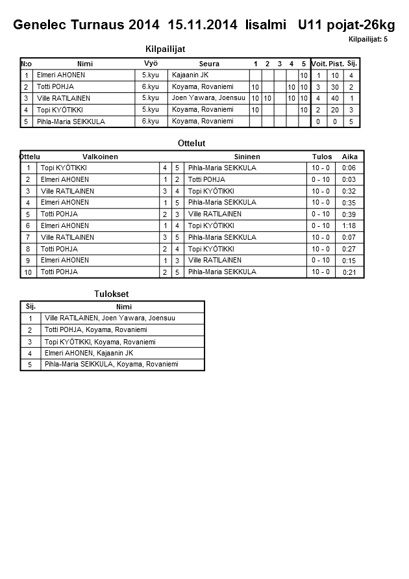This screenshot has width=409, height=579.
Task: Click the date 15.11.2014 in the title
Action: click(203, 25)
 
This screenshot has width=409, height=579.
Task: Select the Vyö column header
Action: click(151, 63)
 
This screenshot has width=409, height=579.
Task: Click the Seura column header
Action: click(209, 64)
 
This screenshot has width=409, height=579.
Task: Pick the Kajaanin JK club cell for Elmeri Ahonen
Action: click(190, 75)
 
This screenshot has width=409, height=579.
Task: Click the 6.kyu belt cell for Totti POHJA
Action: click(151, 86)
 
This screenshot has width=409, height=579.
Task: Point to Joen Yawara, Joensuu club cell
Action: click(208, 98)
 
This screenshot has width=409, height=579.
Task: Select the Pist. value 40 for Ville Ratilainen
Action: click(336, 98)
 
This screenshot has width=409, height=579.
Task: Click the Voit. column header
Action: click(319, 64)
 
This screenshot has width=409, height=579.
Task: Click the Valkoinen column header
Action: click(100, 157)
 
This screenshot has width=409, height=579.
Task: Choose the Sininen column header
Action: click(247, 157)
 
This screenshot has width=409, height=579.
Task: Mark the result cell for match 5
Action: click(321, 214)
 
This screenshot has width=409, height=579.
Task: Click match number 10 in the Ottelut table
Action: click(28, 272)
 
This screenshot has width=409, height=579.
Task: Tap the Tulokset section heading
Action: click(112, 294)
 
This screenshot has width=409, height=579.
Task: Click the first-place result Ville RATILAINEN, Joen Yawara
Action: click(110, 318)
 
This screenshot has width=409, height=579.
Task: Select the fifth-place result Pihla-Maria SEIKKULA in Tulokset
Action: click(111, 365)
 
